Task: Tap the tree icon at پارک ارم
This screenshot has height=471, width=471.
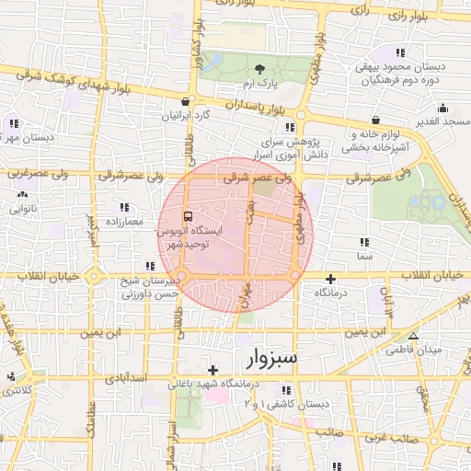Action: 260,69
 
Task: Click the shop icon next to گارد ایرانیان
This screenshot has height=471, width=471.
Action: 187,102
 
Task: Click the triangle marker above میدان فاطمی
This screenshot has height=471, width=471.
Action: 413,336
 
